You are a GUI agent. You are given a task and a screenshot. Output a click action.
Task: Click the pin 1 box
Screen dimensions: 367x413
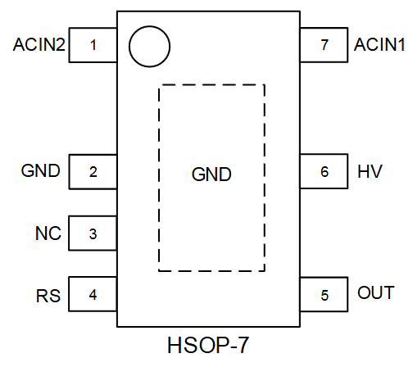tap(93, 46)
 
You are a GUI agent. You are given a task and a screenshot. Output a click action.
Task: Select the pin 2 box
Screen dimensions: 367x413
tap(93, 172)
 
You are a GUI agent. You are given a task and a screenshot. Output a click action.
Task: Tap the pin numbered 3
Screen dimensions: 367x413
tap(93, 233)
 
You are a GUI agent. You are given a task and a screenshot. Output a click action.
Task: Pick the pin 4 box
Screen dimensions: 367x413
tap(93, 294)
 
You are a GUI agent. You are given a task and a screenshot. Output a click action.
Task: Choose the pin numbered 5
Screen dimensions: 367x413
tap(324, 294)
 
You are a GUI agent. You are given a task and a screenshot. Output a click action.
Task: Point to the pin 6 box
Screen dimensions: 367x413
tap(324, 172)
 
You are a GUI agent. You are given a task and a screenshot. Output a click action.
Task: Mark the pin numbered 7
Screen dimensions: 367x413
tap(324, 46)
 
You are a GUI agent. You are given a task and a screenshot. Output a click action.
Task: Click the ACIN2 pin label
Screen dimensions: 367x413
tap(39, 46)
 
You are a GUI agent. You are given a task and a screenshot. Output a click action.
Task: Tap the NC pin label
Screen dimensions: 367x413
tap(47, 233)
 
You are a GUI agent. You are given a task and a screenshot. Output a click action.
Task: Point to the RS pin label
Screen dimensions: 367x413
tap(47, 294)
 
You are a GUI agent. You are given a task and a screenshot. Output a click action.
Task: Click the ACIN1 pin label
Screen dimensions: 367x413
tap(379, 46)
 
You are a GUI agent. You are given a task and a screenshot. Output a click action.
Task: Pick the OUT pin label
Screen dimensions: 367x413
tap(376, 293)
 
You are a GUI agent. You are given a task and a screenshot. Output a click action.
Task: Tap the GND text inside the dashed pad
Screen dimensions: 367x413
tap(211, 175)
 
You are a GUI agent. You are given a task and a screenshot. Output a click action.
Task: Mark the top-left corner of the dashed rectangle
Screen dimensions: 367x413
tap(159, 84)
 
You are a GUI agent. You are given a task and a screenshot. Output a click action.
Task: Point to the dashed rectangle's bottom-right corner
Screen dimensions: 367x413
tap(265, 270)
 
